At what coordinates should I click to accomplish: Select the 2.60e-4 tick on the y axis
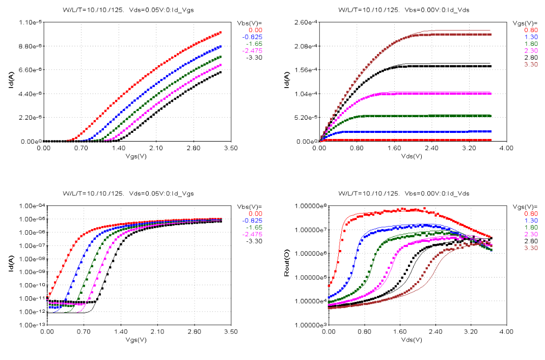(x=306, y=22)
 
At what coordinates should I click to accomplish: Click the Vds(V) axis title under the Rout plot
(x=412, y=339)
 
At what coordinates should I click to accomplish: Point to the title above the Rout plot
(x=412, y=193)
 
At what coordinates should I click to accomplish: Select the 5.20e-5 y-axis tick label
(x=306, y=118)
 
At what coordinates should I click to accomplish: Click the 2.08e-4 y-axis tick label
(x=306, y=46)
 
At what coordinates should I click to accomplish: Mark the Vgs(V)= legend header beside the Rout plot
(x=517, y=206)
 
